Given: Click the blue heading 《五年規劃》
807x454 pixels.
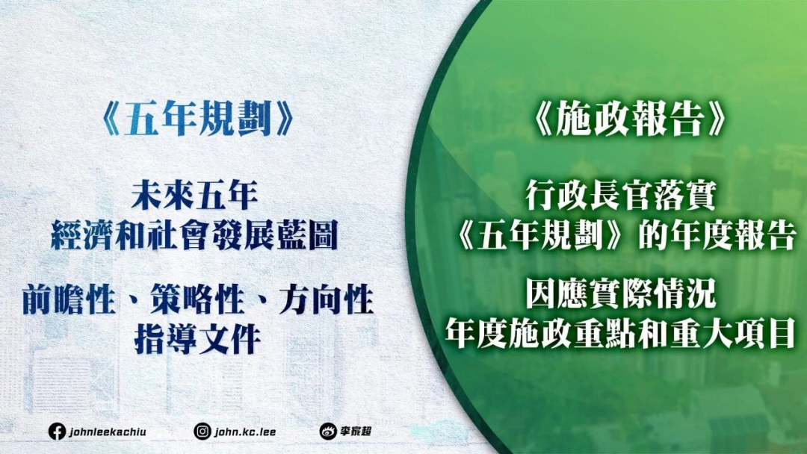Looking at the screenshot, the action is (197, 121).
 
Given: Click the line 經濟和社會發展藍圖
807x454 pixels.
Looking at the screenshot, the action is (194, 235).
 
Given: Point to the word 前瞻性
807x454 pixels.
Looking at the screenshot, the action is (68, 300).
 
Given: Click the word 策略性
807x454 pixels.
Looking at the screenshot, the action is (197, 300).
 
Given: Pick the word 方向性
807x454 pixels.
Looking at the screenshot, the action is (327, 300).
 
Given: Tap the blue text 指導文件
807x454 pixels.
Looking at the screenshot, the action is (197, 340).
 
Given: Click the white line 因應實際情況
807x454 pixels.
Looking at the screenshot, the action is (621, 295).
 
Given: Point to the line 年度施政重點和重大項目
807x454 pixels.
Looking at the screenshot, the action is (621, 332).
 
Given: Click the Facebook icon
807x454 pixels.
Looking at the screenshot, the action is (57, 432).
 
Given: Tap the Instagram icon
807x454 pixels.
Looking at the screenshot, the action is (202, 432).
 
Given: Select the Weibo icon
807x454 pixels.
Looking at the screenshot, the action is (328, 432).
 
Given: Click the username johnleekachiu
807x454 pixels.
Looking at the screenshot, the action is (108, 432).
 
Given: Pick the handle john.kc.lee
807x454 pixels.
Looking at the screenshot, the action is (245, 432).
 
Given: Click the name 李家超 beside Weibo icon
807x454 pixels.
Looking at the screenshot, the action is (356, 432).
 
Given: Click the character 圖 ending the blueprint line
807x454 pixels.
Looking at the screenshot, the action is (323, 235).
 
